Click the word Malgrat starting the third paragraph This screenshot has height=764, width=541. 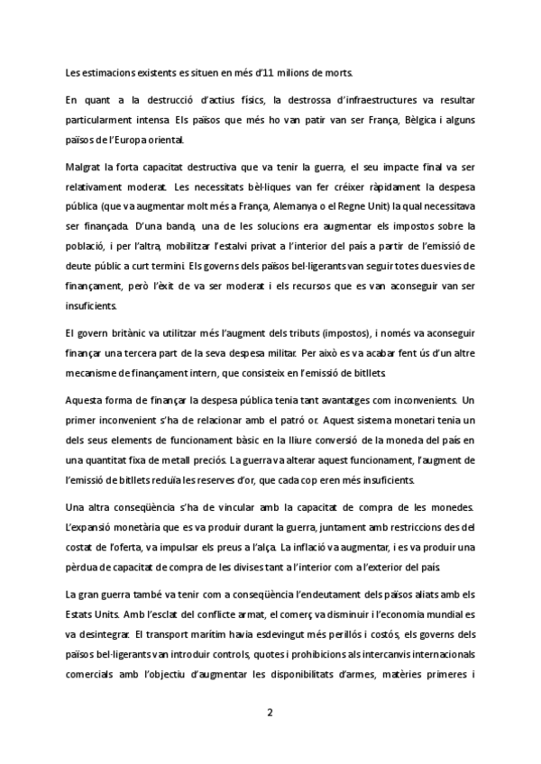pos(83,168)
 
